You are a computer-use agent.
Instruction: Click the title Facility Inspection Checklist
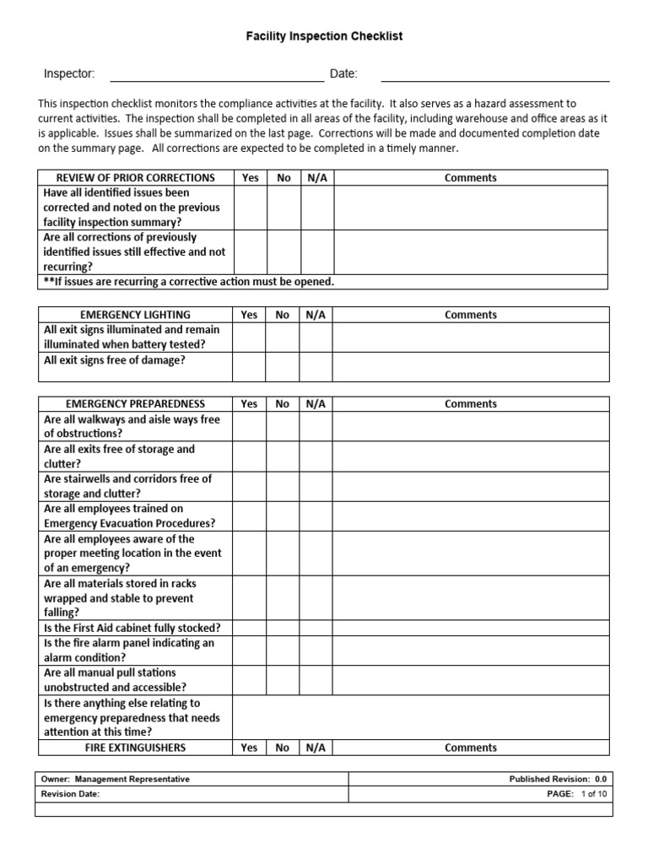[x=324, y=36]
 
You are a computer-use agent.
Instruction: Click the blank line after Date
[x=495, y=75]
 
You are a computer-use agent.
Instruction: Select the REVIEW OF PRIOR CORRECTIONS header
[x=135, y=178]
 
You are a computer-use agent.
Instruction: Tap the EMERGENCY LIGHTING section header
[x=135, y=315]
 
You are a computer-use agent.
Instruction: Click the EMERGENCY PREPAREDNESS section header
[x=135, y=404]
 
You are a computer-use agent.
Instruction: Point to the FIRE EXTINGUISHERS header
[x=135, y=748]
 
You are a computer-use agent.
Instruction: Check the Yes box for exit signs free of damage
[x=249, y=367]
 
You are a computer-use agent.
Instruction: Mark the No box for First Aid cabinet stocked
[x=282, y=628]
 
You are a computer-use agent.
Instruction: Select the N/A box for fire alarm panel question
[x=316, y=650]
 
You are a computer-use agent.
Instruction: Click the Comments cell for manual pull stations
[x=470, y=680]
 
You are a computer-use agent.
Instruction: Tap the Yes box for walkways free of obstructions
[x=249, y=427]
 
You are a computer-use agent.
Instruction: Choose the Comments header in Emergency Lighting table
[x=470, y=315]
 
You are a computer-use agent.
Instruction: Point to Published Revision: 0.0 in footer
[x=557, y=780]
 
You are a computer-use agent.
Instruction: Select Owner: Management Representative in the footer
[x=116, y=780]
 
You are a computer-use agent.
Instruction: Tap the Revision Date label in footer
[x=71, y=795]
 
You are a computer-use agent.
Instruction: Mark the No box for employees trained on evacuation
[x=282, y=516]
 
